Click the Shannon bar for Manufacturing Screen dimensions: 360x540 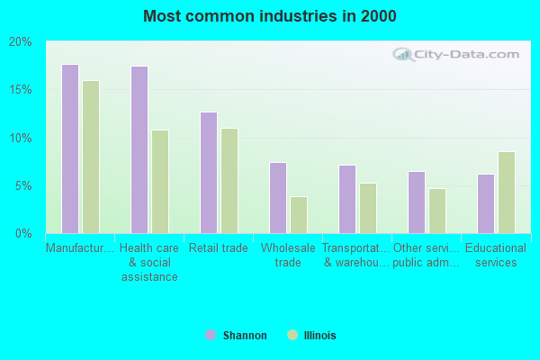(70, 149)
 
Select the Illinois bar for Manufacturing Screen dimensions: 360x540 (91, 157)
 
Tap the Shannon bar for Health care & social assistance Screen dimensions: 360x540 (139, 150)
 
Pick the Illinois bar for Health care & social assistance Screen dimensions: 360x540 (160, 182)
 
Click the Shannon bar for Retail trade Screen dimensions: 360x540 (209, 173)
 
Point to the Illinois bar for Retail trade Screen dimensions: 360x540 (229, 181)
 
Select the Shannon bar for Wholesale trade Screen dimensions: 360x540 (278, 198)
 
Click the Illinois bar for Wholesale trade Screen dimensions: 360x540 (299, 215)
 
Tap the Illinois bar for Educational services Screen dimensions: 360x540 (507, 193)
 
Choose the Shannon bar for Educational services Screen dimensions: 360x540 (486, 203)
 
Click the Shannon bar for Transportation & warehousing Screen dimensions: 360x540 (347, 199)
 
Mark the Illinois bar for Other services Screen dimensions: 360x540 (437, 211)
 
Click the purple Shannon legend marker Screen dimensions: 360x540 (211, 336)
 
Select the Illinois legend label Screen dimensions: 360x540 (319, 336)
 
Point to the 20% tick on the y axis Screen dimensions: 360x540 (20, 42)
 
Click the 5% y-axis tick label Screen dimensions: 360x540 (22, 186)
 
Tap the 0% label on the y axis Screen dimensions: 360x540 (22, 234)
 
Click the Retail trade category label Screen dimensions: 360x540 (219, 248)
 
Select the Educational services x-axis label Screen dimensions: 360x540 (496, 255)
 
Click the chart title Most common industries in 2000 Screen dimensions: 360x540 (269, 16)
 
